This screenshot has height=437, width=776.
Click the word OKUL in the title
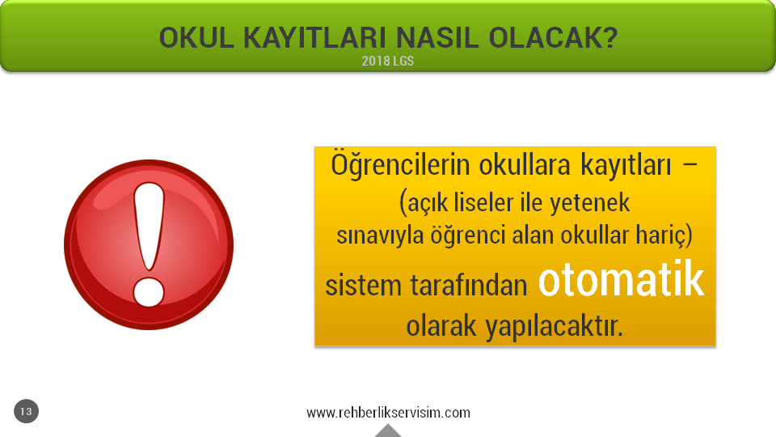click(x=196, y=38)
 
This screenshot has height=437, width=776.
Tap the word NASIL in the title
click(x=437, y=38)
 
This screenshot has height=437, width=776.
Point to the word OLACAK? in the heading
click(x=553, y=38)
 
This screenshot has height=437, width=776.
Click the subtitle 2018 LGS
click(x=387, y=61)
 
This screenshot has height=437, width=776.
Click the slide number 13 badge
click(x=26, y=411)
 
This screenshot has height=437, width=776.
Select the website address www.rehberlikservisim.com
click(x=389, y=413)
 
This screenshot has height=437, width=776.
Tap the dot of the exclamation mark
click(x=149, y=292)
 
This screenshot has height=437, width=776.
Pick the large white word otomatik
click(x=621, y=281)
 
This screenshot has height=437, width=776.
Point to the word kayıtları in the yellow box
click(x=626, y=166)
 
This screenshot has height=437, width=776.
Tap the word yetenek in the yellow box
click(x=589, y=202)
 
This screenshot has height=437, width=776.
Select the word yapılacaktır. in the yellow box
click(x=554, y=327)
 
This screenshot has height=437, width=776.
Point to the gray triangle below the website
click(x=388, y=431)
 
